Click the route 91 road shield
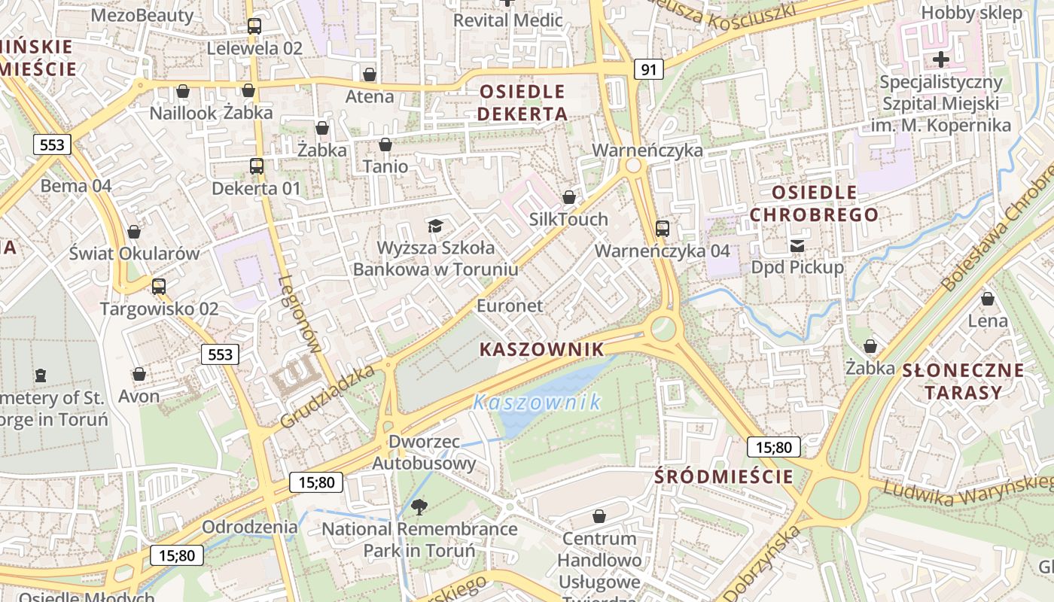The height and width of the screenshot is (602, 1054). click(649, 70)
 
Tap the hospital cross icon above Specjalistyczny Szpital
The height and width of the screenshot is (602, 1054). click(940, 59)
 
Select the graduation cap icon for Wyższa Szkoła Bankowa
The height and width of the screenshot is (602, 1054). click(435, 226)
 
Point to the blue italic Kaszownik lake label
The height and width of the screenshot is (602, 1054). click(538, 402)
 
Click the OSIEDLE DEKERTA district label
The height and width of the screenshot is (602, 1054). click(522, 103)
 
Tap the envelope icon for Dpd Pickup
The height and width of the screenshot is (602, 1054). click(797, 245)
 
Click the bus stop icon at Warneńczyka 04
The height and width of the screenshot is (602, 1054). click(663, 228)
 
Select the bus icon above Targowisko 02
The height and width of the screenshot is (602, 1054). click(158, 286)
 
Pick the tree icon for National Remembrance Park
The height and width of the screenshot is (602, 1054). click(419, 507)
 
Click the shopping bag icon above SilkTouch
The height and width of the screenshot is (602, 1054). click(569, 197)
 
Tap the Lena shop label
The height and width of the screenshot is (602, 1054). click(987, 321)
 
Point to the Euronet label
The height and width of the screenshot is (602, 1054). click(510, 306)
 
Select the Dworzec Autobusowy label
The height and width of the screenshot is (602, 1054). click(424, 452)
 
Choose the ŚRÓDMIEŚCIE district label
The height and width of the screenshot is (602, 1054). click(723, 476)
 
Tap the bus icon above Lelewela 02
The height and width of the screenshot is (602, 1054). click(254, 26)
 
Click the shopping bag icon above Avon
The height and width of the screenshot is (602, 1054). click(139, 374)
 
